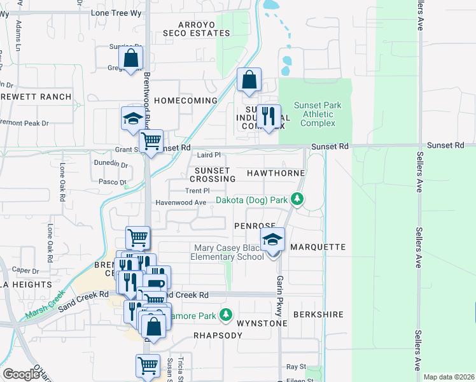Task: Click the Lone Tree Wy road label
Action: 117,13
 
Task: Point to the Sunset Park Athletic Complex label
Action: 318,114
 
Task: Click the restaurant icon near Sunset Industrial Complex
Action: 269,117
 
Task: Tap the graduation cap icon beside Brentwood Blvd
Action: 133,119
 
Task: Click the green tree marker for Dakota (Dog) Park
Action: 297,199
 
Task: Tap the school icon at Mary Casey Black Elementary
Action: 272,241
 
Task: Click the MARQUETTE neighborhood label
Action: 318,246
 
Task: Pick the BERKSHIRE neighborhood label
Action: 318,315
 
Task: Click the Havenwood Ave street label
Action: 181,202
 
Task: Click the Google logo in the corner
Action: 21,374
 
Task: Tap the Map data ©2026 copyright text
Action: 448,377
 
